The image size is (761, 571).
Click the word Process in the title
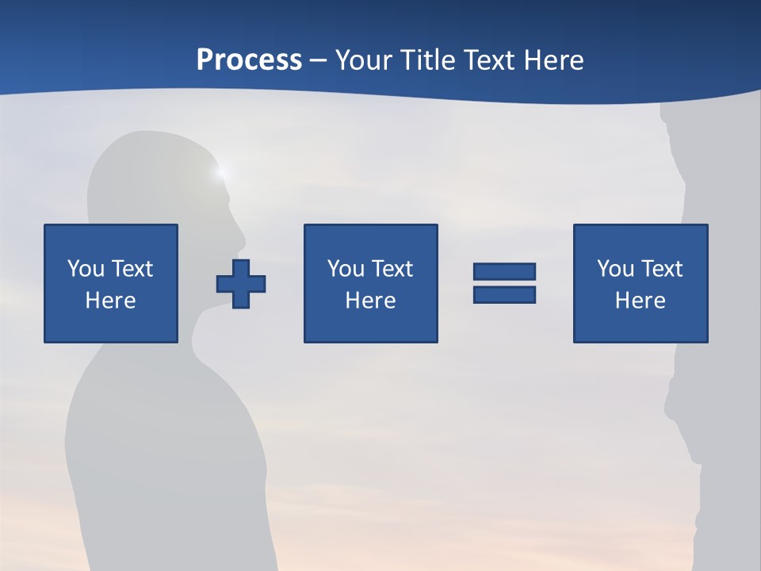[249, 60]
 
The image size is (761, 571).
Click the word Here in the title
[554, 60]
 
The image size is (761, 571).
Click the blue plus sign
[241, 283]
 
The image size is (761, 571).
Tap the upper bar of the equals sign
[504, 271]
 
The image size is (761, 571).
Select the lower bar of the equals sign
[504, 294]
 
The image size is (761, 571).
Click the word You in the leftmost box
[86, 269]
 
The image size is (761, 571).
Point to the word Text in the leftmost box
[132, 269]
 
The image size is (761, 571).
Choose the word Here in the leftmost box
[110, 301]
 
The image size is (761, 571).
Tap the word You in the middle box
[346, 269]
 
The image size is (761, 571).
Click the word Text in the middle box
[392, 269]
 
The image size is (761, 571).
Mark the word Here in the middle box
[370, 301]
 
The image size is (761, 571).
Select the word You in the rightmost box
[615, 269]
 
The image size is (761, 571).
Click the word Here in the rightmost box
[640, 301]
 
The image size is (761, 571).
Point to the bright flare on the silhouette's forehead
[221, 171]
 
